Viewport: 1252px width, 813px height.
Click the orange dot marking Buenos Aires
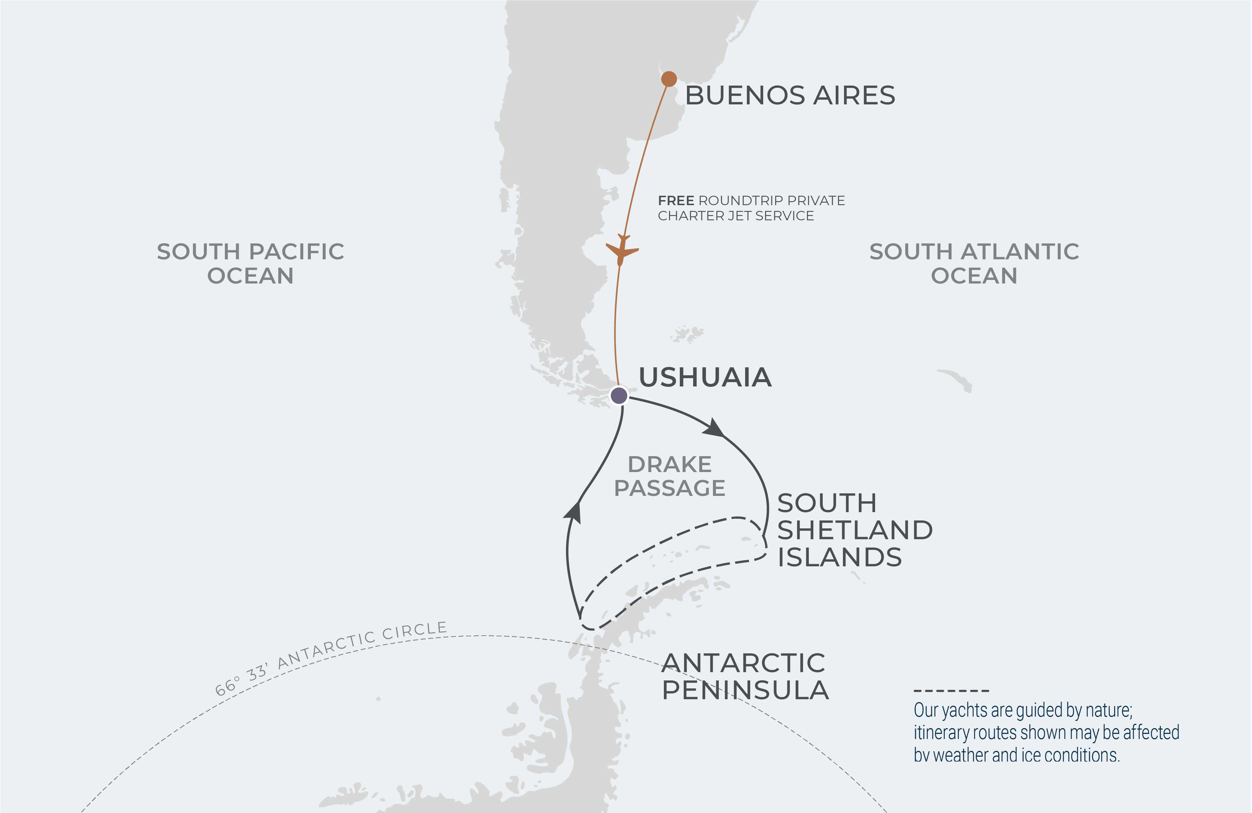click(x=669, y=79)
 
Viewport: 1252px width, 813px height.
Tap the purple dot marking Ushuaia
click(x=619, y=395)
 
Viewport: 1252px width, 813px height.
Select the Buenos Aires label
click(x=790, y=95)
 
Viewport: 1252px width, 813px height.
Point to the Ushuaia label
click(x=705, y=377)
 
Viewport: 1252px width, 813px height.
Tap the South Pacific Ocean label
click(x=251, y=263)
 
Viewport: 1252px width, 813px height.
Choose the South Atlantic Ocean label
click(x=974, y=263)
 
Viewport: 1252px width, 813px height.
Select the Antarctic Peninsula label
click(x=744, y=677)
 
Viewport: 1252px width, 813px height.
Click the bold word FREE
click(x=675, y=200)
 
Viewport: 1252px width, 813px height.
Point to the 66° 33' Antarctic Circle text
click(x=331, y=657)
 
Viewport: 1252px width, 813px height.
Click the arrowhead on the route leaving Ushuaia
click(x=713, y=427)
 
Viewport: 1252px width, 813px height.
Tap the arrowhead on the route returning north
click(x=573, y=512)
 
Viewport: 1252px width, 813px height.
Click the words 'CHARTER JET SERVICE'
click(x=735, y=216)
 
